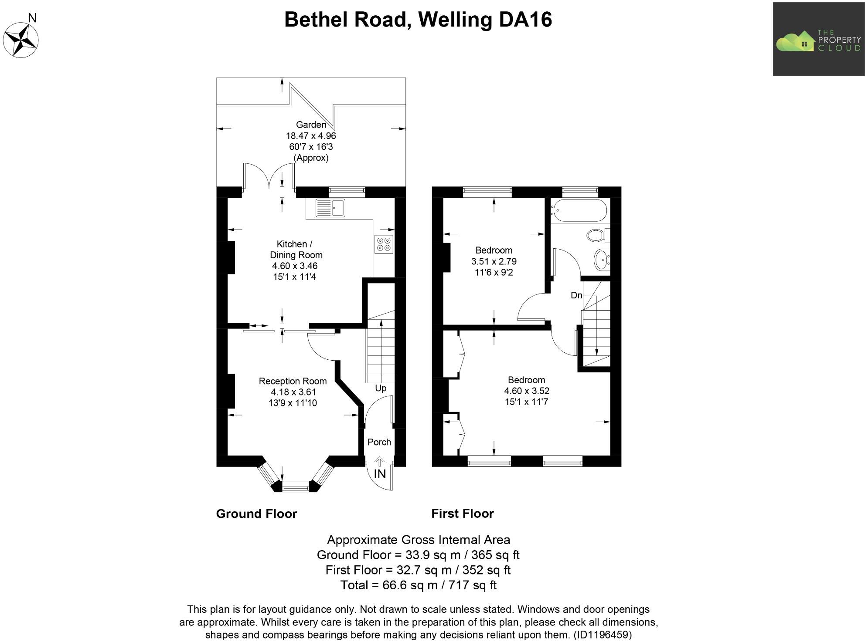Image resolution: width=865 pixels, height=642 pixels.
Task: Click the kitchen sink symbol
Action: [x=330, y=208]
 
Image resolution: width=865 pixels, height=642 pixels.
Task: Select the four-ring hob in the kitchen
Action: [x=384, y=244]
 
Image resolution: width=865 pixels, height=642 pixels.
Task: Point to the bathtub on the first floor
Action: [x=579, y=210]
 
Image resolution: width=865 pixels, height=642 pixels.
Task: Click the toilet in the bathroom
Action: [x=596, y=236]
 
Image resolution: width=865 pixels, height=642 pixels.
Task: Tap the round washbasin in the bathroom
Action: [x=602, y=260]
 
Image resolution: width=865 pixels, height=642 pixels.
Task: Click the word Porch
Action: [x=379, y=442]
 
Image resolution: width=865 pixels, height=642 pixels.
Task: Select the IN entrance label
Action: [x=380, y=474]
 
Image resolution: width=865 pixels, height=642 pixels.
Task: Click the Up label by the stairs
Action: [x=380, y=388]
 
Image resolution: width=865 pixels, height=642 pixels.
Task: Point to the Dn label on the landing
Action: [x=576, y=295]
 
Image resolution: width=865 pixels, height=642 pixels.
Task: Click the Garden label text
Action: [x=311, y=125]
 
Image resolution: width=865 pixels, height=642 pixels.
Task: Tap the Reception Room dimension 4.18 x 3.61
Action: [x=293, y=392]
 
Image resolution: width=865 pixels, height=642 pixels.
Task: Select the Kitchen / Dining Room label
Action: [x=296, y=250]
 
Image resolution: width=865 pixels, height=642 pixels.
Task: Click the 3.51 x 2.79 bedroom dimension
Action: [x=494, y=261]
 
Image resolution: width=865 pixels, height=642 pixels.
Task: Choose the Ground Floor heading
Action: [x=256, y=514]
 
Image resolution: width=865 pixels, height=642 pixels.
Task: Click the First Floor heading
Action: [x=462, y=514]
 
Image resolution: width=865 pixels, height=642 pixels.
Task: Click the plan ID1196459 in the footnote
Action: [x=602, y=635]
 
